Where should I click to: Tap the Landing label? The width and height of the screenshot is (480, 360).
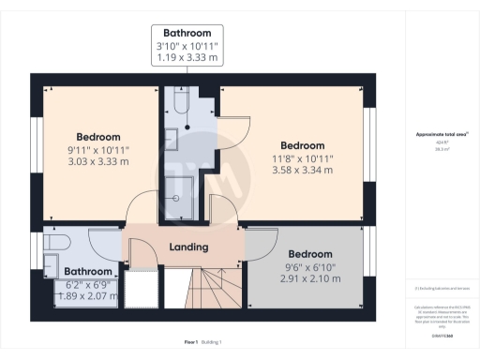pos(187,247)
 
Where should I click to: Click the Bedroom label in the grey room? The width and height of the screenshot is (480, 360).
pos(309,254)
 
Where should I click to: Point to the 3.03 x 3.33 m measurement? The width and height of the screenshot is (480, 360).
pos(97,161)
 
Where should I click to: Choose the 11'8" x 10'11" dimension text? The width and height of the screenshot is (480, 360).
pos(302,158)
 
